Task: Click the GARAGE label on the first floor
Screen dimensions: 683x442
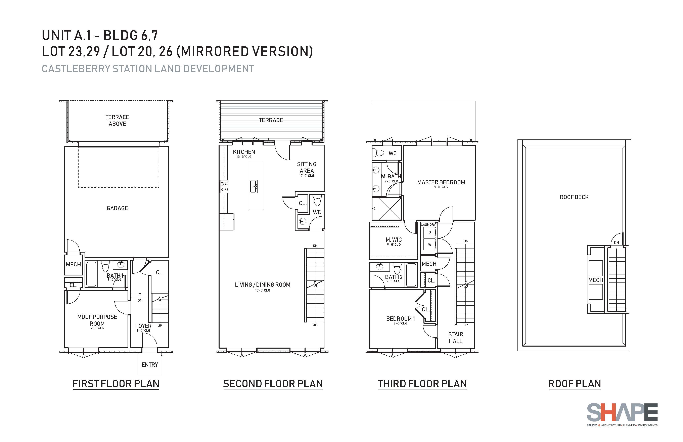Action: click(x=117, y=208)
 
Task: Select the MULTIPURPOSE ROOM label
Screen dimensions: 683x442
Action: click(x=97, y=320)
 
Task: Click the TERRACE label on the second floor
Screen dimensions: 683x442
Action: click(x=271, y=120)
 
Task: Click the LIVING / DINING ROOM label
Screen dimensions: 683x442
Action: click(x=263, y=285)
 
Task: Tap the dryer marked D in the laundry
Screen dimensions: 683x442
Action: click(x=430, y=232)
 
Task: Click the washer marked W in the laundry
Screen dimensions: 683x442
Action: click(x=430, y=244)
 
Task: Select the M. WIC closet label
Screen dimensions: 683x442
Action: click(x=394, y=240)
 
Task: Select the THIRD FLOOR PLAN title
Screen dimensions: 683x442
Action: click(x=422, y=384)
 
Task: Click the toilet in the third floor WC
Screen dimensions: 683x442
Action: click(x=378, y=153)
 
